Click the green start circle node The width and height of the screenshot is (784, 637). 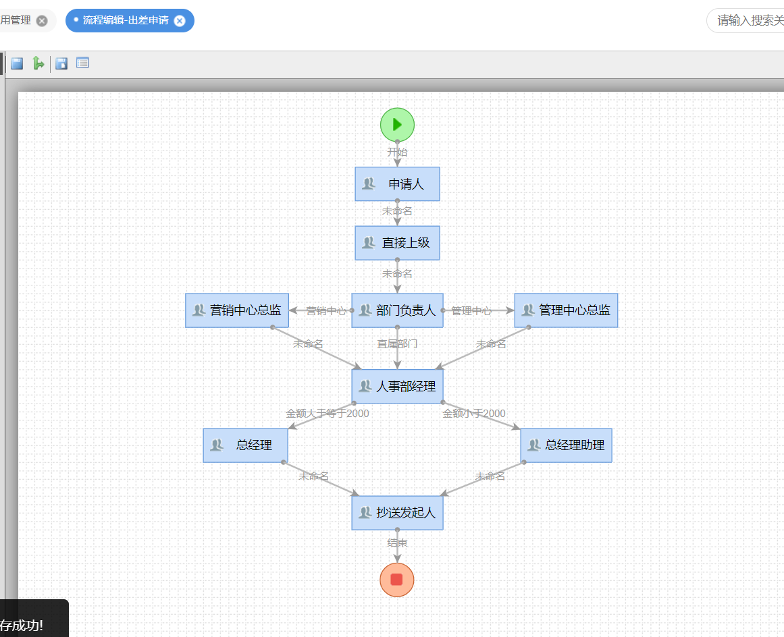[x=397, y=124]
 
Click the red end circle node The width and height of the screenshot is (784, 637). [x=397, y=580]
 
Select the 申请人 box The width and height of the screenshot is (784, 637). [x=397, y=184]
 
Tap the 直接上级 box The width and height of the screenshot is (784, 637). [x=397, y=242]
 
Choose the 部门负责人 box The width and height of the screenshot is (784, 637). [x=397, y=310]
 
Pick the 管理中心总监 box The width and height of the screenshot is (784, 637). [x=566, y=310]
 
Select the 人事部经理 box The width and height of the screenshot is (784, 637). [x=397, y=387]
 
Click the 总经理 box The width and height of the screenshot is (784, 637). [x=246, y=445]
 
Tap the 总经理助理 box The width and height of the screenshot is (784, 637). [x=566, y=445]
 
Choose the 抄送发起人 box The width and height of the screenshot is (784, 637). [x=397, y=513]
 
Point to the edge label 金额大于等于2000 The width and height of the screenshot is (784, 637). [x=328, y=413]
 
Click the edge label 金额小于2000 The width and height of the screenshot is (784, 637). [x=474, y=413]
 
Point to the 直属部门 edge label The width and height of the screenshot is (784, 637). [x=397, y=343]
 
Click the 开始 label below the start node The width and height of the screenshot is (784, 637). [x=397, y=152]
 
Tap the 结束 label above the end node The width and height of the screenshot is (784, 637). [x=397, y=543]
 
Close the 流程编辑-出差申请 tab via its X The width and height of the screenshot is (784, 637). [x=180, y=21]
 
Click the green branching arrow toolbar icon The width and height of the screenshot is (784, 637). [x=38, y=63]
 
